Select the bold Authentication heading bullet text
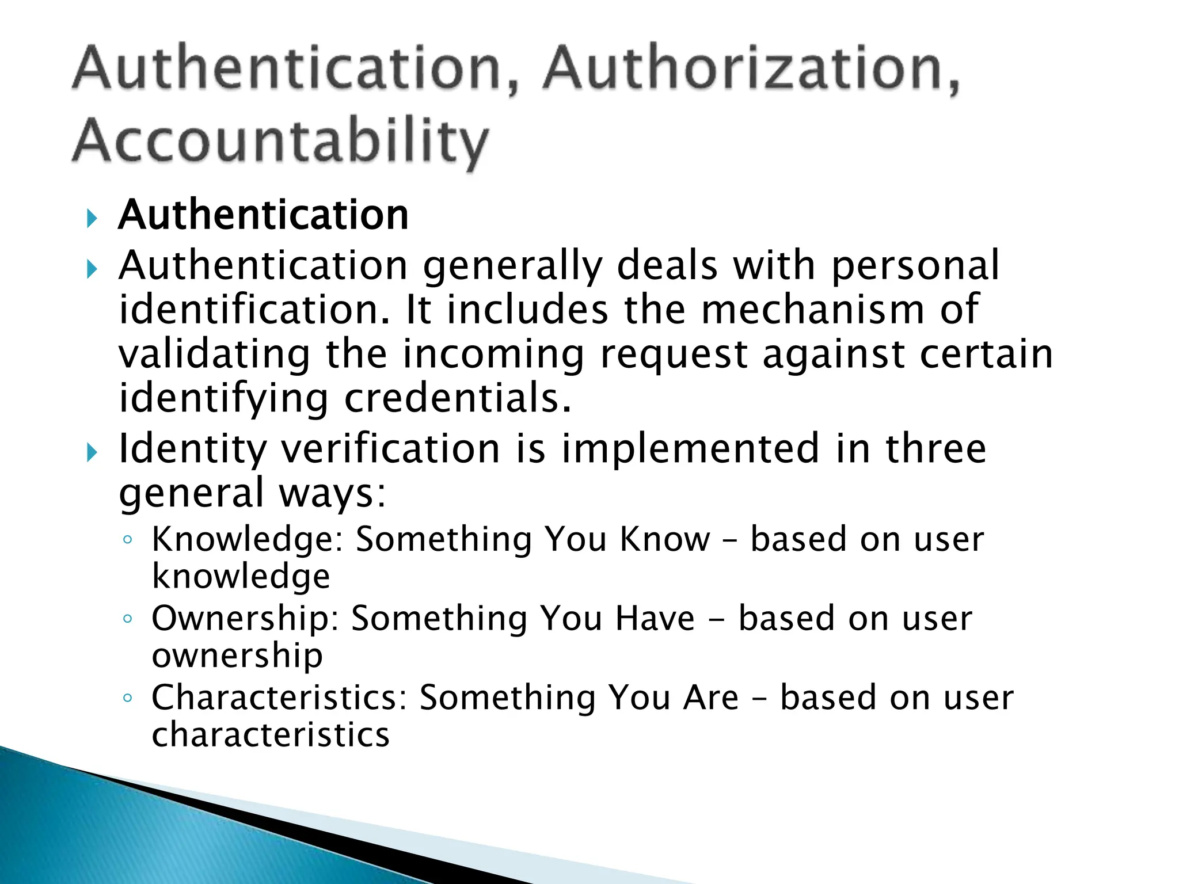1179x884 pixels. pyautogui.click(x=263, y=215)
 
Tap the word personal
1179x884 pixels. pyautogui.click(x=915, y=266)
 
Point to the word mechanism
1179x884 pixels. pyautogui.click(x=812, y=310)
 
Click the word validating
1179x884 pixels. pyautogui.click(x=214, y=354)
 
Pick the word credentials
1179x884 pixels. pyautogui.click(x=458, y=398)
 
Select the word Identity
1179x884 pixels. pyautogui.click(x=193, y=449)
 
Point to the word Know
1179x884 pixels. pyautogui.click(x=665, y=539)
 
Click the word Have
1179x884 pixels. pyautogui.click(x=655, y=618)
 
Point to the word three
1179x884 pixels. pyautogui.click(x=935, y=448)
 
